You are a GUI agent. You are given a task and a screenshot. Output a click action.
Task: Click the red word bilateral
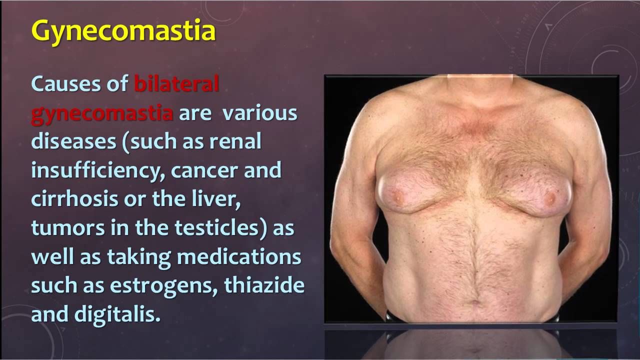pos(176,83)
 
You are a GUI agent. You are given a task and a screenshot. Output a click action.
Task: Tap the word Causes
pos(65,83)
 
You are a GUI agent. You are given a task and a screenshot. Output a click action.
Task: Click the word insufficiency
pos(97,171)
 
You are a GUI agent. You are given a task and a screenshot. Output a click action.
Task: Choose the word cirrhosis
pos(74,198)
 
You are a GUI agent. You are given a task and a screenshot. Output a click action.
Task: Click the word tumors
pos(67,228)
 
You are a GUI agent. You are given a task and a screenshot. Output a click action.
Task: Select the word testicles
pos(216,227)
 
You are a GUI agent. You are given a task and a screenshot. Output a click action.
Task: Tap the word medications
pos(239,256)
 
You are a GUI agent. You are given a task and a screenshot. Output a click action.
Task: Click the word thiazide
pos(264,284)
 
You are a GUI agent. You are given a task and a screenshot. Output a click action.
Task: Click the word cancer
pos(204,171)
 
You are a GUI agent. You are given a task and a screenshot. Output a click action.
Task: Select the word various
pos(259,113)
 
